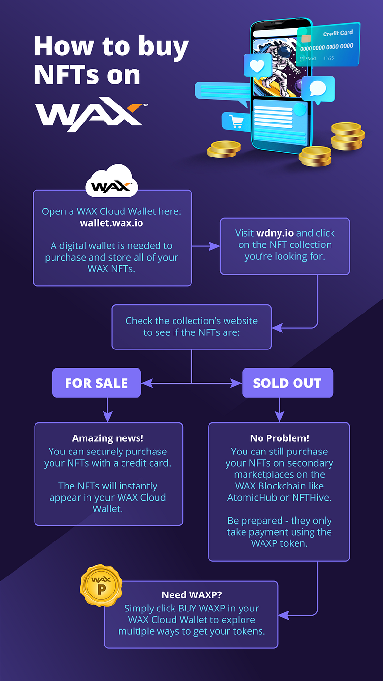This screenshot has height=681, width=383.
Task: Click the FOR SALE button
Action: pyautogui.click(x=96, y=383)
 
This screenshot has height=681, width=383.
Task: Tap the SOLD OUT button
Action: pyautogui.click(x=287, y=383)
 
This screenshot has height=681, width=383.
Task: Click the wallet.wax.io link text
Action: pyautogui.click(x=111, y=223)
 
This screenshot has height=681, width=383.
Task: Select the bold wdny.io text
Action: pyautogui.click(x=275, y=233)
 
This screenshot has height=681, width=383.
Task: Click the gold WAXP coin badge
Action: pyautogui.click(x=101, y=586)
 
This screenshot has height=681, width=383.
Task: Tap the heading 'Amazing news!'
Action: pyautogui.click(x=107, y=438)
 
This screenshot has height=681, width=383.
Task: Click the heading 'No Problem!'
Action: pyautogui.click(x=279, y=438)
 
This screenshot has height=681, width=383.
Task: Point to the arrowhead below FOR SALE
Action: pyautogui.click(x=107, y=416)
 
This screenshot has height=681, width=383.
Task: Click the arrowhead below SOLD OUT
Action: pyautogui.click(x=279, y=416)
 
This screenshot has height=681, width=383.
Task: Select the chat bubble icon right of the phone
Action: pyautogui.click(x=317, y=88)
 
